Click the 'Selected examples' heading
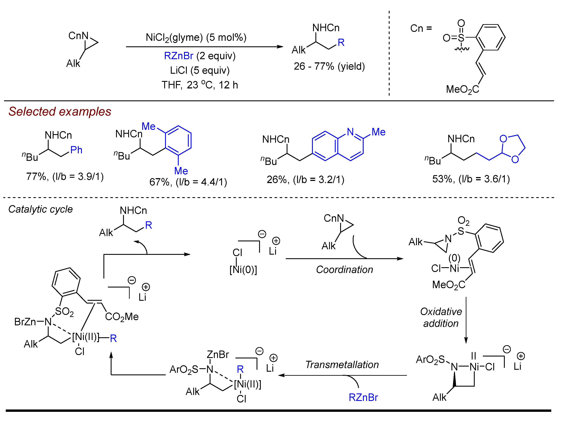pos(59,112)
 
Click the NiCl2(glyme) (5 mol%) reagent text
pos(196,37)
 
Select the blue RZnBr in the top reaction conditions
pos(178,56)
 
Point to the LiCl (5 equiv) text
pos(200,70)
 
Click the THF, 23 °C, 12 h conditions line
pos(200,85)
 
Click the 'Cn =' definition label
pos(421,28)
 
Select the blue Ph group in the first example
pos(76,150)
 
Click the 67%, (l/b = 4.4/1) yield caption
pos(188,182)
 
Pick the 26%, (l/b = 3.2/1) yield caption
pos(305,180)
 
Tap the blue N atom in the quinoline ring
pos(350,132)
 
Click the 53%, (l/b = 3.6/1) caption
pos(471,179)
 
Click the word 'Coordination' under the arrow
pos(344,270)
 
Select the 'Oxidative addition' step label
pos(441,317)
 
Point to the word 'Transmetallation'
pos(342,365)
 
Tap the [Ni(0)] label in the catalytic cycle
pos(243,270)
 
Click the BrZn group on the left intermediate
pos(25,322)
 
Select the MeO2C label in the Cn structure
pos(462,89)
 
